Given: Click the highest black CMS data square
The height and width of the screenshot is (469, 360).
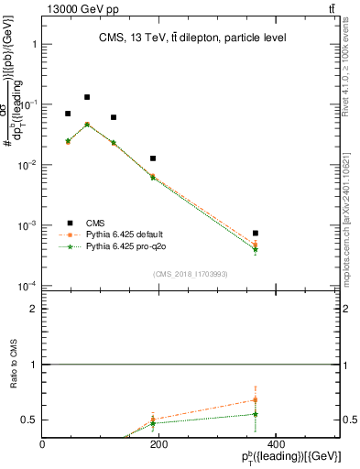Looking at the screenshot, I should click(87, 97).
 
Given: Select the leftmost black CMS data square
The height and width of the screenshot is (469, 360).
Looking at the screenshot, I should click(68, 114).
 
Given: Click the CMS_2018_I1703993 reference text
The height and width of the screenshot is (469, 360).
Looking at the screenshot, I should click(190, 274).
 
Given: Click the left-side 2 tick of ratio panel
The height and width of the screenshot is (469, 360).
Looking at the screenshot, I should click(35, 310).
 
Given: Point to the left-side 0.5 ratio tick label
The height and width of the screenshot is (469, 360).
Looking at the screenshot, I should click(30, 420).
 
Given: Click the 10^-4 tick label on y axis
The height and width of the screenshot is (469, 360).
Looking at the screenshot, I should click(26, 287).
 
